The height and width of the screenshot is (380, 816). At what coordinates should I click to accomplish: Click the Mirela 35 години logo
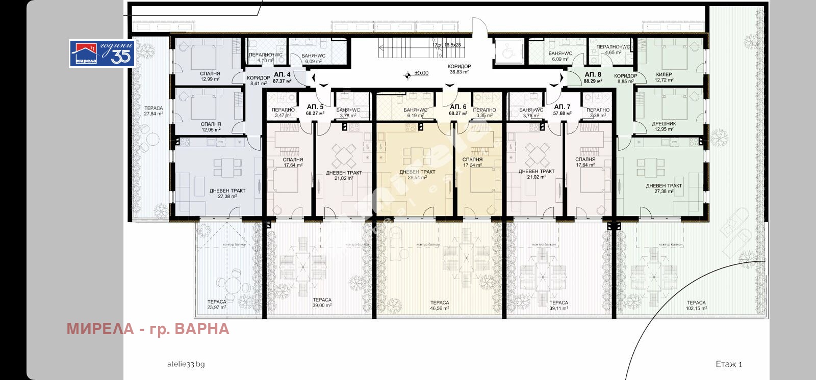[102, 53]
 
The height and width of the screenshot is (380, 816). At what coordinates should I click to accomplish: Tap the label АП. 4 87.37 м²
[282, 77]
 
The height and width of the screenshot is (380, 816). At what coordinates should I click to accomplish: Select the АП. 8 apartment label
[593, 77]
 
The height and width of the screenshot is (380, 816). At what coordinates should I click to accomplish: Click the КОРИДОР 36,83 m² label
[459, 69]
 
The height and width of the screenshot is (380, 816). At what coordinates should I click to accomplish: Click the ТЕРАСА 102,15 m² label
[696, 305]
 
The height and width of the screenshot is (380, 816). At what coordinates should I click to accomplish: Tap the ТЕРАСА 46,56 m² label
[439, 305]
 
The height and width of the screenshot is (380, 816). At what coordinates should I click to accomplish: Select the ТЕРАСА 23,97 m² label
[217, 304]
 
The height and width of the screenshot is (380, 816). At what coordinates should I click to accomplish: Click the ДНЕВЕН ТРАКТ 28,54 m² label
[417, 175]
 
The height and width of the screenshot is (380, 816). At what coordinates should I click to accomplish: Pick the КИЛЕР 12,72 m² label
[664, 77]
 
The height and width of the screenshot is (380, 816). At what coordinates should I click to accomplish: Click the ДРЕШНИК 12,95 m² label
[664, 126]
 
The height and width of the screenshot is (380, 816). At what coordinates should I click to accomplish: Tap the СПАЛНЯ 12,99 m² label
[210, 76]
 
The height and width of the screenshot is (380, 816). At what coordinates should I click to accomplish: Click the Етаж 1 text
[729, 364]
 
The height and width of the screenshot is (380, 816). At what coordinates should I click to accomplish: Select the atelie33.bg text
[186, 364]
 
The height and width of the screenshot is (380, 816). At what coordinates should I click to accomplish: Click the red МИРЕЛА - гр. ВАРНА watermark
[148, 329]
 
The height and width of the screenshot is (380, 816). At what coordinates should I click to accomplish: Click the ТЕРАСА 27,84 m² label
[153, 111]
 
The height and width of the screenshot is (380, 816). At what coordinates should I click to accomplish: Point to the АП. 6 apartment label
[458, 110]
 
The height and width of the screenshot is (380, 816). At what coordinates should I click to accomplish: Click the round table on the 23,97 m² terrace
[234, 282]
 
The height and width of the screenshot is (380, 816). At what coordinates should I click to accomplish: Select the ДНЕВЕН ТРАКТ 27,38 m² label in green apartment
[664, 188]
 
